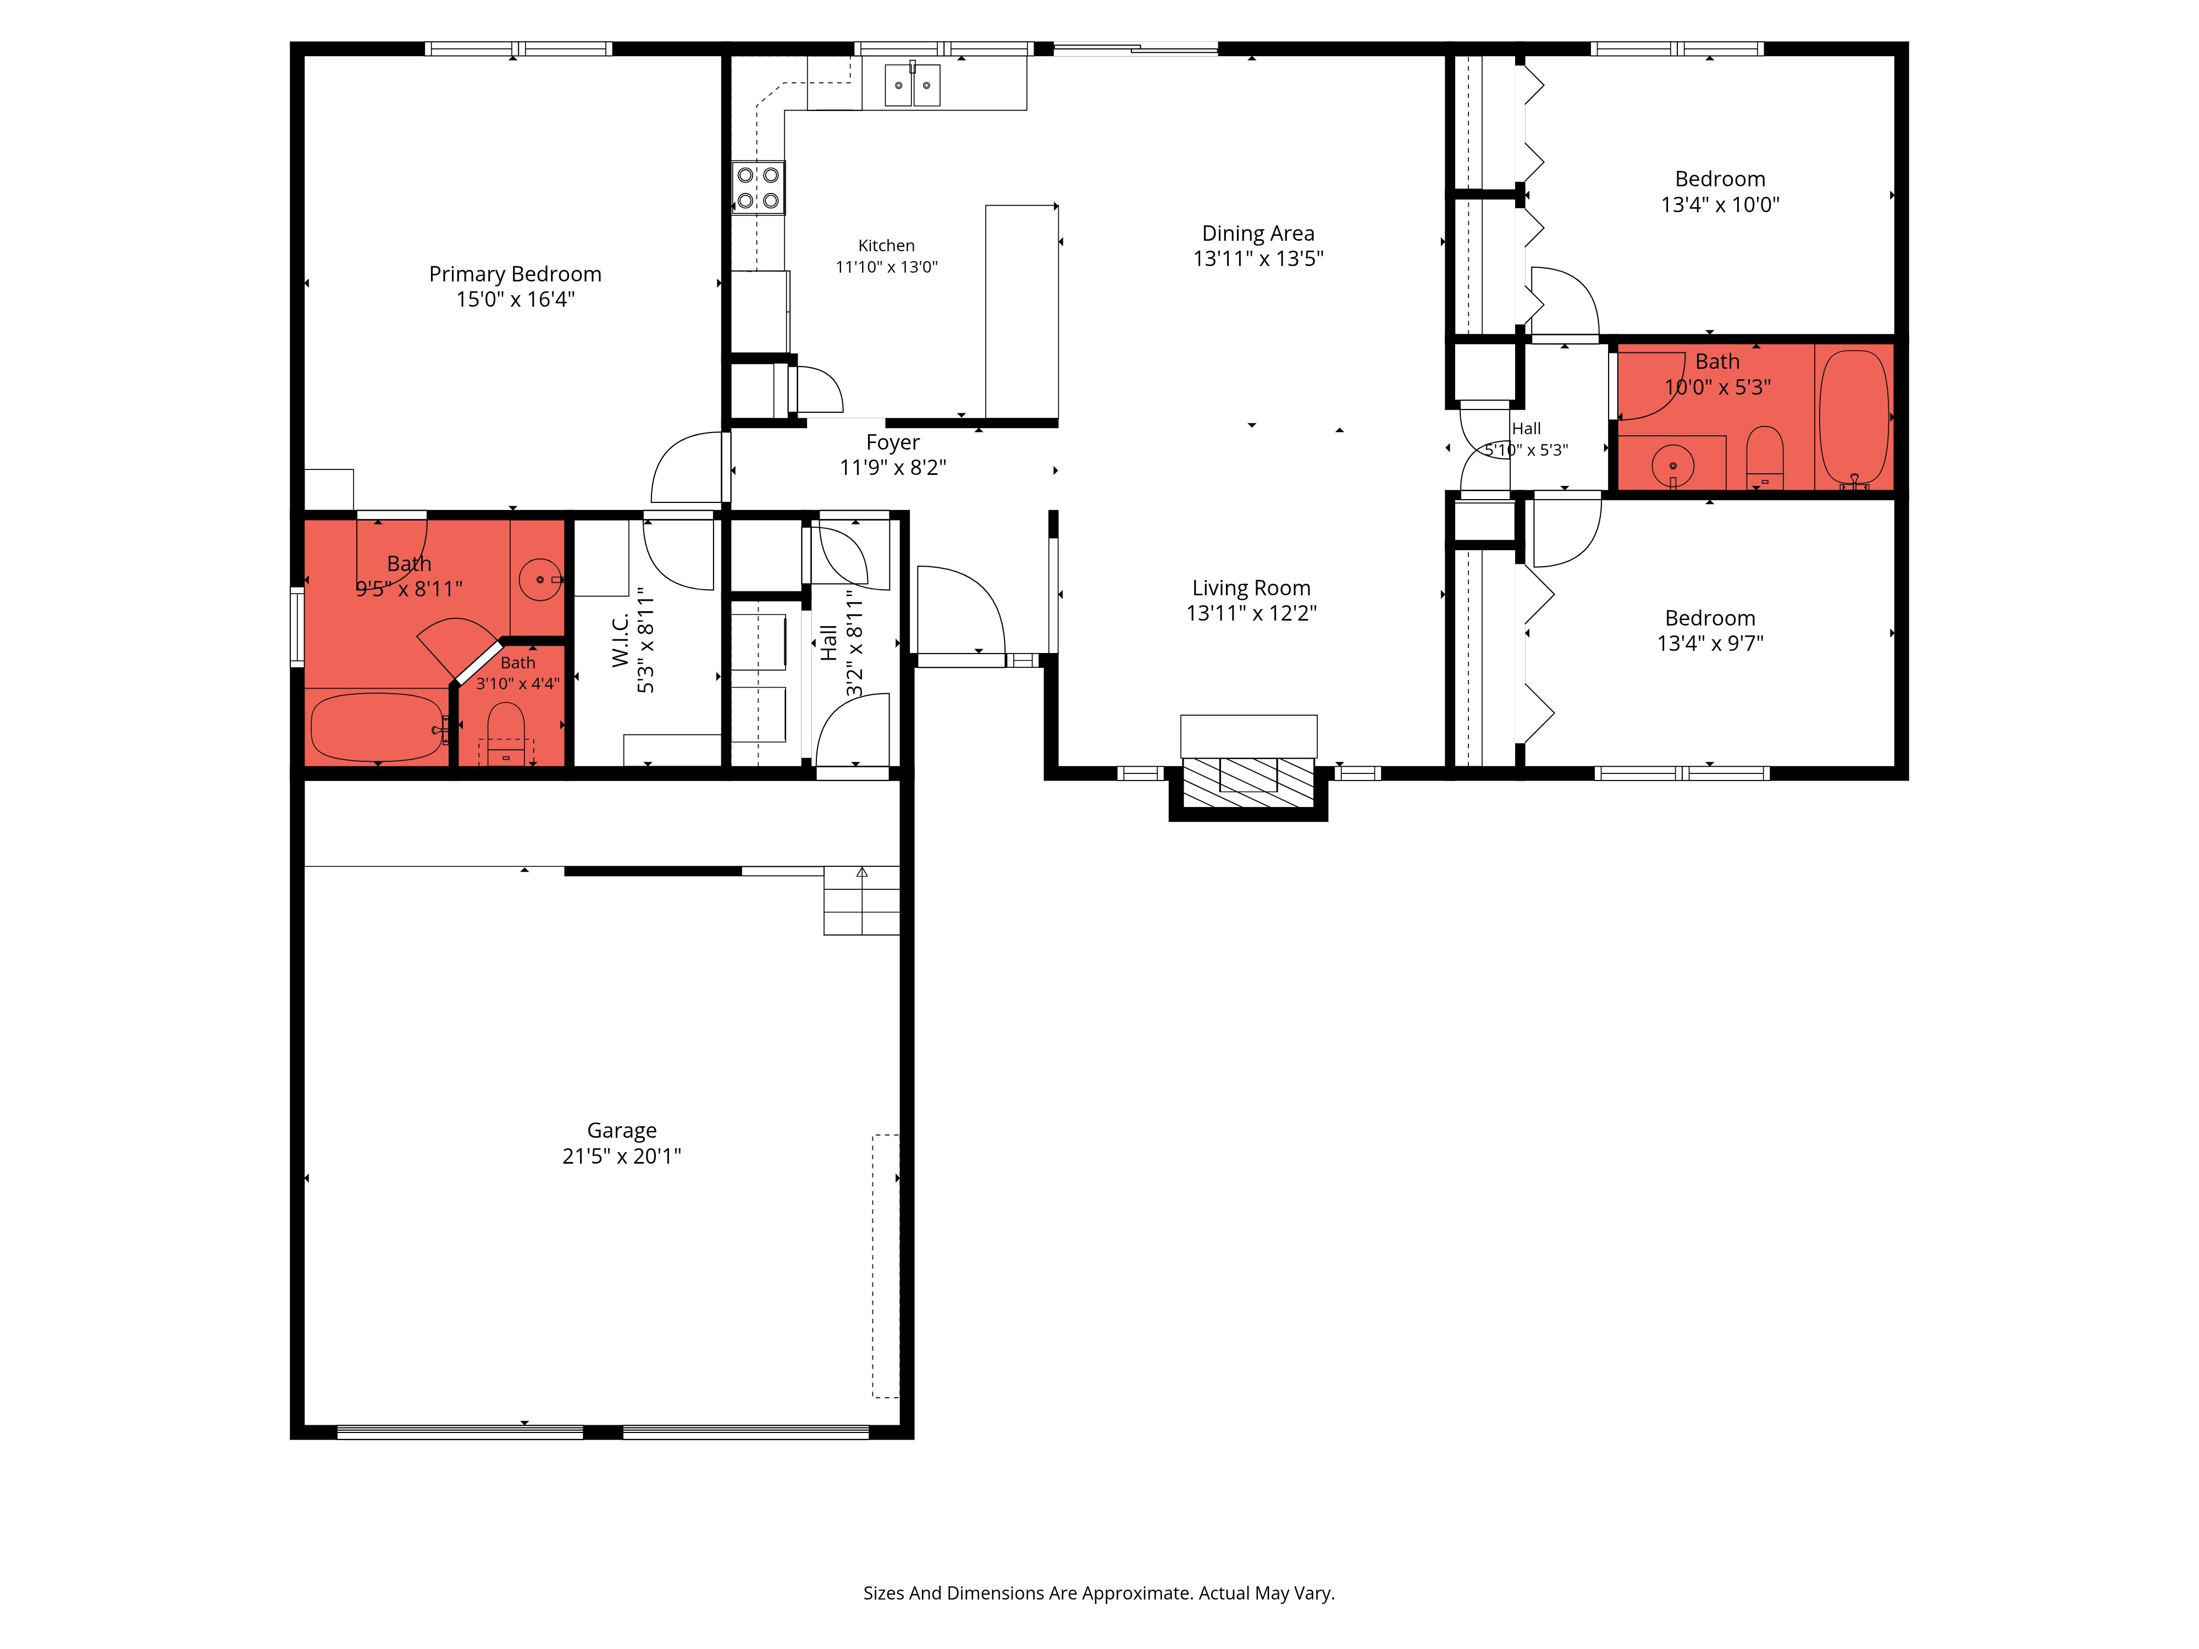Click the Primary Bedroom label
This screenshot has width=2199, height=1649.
click(515, 274)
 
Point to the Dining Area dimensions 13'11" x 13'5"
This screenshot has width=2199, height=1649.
click(1258, 258)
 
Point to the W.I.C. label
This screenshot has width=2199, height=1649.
click(620, 640)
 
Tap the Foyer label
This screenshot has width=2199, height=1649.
click(893, 442)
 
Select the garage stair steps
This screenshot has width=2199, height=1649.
click(861, 900)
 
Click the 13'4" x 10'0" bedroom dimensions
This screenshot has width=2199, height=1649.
click(1720, 205)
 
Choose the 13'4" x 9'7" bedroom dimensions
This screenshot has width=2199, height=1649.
click(1710, 643)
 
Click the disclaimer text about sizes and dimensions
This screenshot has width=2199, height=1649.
click(1098, 1593)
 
